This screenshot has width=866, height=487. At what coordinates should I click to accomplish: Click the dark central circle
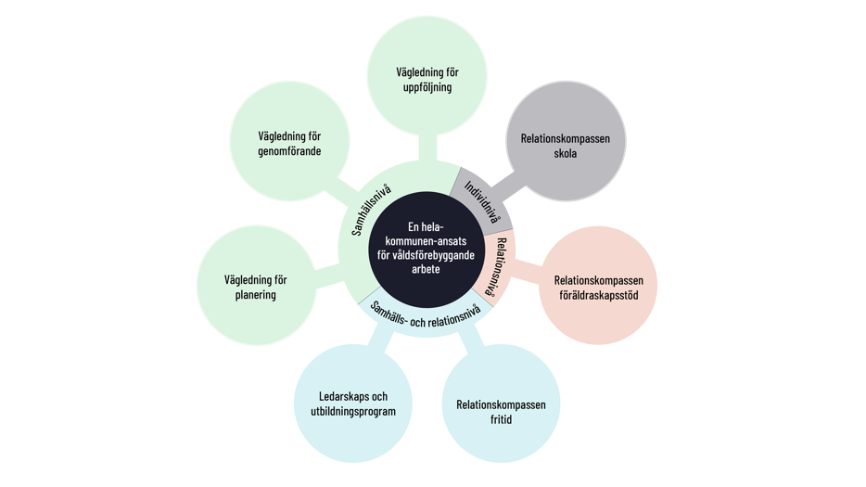(427, 250)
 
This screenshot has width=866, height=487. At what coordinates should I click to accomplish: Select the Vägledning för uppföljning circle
(427, 76)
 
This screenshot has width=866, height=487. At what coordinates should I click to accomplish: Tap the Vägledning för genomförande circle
(289, 141)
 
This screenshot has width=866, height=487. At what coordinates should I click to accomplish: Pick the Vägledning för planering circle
(256, 285)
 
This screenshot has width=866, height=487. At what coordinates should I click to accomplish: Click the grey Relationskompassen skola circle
(566, 141)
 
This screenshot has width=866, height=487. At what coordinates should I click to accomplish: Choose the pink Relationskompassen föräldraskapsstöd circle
(598, 285)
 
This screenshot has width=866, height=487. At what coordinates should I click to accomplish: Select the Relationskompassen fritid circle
(501, 404)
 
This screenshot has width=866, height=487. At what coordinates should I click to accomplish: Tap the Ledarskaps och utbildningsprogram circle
(353, 404)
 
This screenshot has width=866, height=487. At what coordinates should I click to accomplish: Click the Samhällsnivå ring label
(371, 210)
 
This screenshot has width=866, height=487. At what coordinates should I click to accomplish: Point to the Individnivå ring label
(482, 202)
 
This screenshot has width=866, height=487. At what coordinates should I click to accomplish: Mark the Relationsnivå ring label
(496, 266)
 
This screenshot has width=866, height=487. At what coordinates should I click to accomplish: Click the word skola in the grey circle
(565, 153)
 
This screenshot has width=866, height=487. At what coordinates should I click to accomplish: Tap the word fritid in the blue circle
(501, 419)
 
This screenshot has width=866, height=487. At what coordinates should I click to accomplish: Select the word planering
(255, 295)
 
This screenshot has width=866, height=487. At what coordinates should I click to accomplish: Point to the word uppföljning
(427, 87)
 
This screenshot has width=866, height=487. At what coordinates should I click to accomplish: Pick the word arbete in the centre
(426, 269)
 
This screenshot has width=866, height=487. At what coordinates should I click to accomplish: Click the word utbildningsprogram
(353, 411)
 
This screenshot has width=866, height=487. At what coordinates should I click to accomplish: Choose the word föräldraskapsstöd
(599, 295)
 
